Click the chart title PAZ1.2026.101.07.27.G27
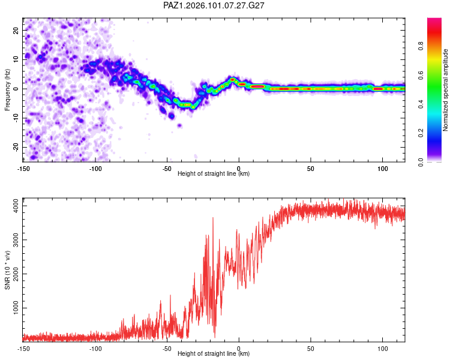(214, 5)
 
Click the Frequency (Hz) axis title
(7, 90)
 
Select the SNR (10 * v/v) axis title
(7, 270)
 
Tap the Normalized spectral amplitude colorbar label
(445, 90)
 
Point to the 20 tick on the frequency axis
(16, 30)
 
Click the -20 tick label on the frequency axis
(16, 147)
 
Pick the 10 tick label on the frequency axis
(16, 59)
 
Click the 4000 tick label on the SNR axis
(16, 206)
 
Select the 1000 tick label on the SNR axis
(16, 308)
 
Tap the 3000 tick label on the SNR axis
(16, 240)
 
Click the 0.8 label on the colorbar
(421, 46)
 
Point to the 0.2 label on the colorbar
(421, 133)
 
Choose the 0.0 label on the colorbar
(421, 162)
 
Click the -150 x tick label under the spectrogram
(23, 169)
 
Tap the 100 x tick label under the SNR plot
(383, 349)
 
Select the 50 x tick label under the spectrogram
(311, 169)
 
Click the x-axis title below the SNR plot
(214, 353)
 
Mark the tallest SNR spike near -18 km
(213, 218)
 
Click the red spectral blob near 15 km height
(257, 86)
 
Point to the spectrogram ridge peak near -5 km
(232, 79)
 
